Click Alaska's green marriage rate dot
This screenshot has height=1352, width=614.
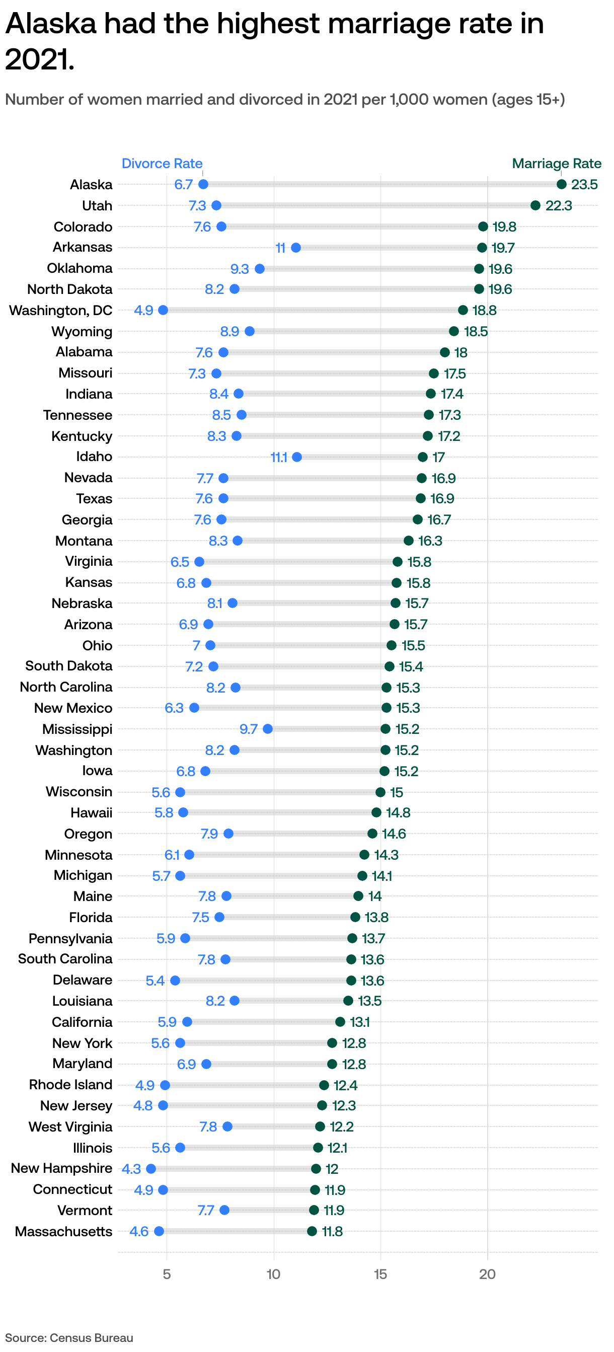[561, 184]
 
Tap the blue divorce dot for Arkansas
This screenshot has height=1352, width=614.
[295, 247]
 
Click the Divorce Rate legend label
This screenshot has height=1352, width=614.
[162, 163]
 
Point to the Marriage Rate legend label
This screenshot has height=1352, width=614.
[556, 163]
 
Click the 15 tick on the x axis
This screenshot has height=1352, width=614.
[380, 1274]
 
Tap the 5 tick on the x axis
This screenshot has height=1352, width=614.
[167, 1274]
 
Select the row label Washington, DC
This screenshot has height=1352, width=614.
[61, 310]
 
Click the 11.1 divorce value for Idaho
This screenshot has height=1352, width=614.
[279, 458]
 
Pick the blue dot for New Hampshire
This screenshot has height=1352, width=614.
[151, 1168]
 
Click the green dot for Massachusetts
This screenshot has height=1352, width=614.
[312, 1231]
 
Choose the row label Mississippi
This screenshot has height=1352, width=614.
[77, 729]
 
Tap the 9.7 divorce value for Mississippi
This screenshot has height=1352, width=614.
[248, 729]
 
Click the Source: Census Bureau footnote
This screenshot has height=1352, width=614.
[69, 1338]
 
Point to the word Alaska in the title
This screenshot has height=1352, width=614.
[51, 24]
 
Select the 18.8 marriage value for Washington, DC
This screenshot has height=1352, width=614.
[484, 310]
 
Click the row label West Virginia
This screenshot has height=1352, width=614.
[70, 1126]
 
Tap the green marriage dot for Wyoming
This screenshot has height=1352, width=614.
[453, 331]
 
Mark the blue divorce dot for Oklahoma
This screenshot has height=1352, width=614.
[259, 269]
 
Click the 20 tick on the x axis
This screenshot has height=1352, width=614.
[487, 1274]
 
